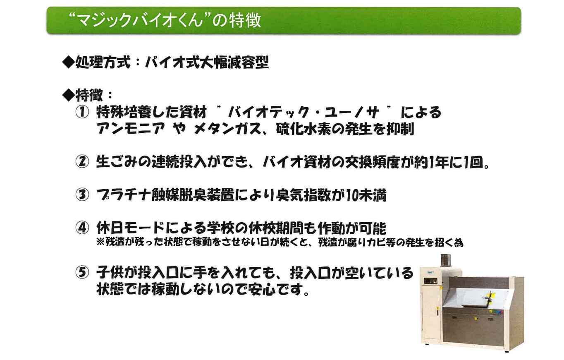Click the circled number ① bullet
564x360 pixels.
pos(82,113)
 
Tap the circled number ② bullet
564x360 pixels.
pos(82,161)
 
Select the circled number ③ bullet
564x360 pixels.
pos(82,195)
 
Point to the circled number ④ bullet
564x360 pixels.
pos(82,228)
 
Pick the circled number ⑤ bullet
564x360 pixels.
pos(82,273)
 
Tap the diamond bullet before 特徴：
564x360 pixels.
pos(68,95)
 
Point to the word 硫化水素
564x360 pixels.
pos(304,129)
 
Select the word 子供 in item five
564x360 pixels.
pos(110,273)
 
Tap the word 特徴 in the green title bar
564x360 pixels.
pos(245,20)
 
